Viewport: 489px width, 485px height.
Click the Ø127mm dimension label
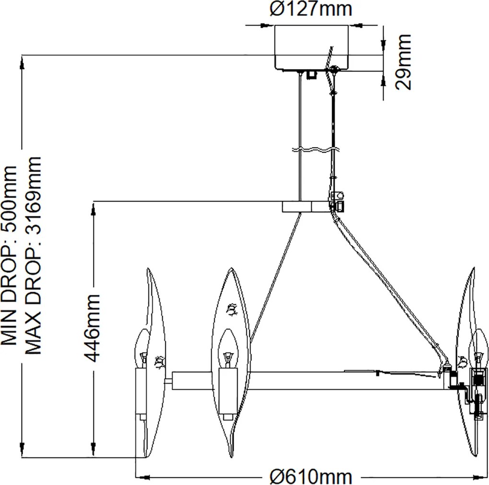[311, 10]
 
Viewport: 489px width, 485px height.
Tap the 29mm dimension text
[403, 62]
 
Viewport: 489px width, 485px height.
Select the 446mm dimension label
[93, 328]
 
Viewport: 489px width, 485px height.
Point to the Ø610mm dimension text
[311, 476]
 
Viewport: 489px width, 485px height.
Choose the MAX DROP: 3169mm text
[33, 255]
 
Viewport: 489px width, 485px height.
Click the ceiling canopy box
[311, 47]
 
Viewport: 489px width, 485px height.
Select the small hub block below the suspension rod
[297, 207]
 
